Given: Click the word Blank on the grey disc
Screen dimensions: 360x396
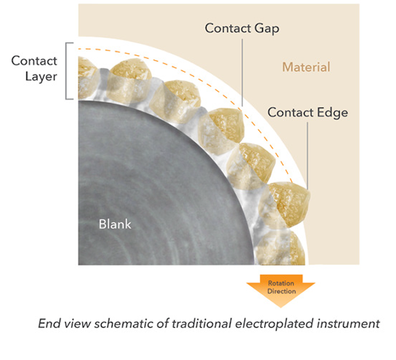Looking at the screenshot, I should click(115, 224).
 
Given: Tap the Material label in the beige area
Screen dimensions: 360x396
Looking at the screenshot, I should click(306, 66).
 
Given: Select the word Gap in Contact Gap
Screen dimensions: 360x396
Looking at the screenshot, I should click(267, 29).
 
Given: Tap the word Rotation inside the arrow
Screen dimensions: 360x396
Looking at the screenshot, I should click(281, 283).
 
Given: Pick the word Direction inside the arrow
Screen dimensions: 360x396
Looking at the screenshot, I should click(281, 291).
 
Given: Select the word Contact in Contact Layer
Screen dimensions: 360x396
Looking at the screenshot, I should click(34, 61).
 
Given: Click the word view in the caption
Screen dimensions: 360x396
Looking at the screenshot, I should click(74, 324).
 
